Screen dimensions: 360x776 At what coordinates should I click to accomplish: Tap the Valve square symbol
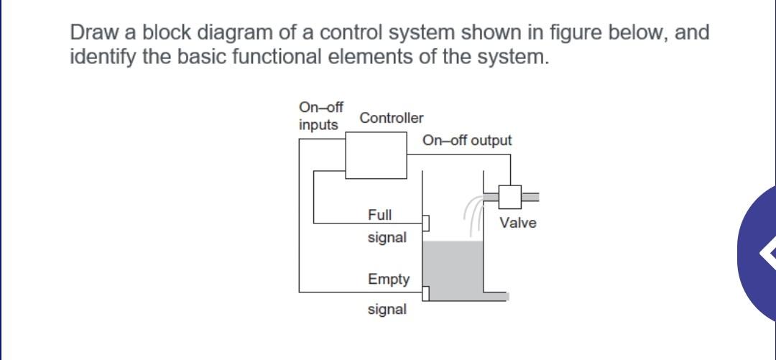[x=510, y=196]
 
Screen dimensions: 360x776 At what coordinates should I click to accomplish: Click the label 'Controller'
[x=392, y=118]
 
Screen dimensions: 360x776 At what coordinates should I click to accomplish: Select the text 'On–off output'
[x=467, y=140]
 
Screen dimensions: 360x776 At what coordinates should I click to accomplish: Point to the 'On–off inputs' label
[x=320, y=116]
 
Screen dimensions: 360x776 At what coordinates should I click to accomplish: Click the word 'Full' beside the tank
[x=380, y=215]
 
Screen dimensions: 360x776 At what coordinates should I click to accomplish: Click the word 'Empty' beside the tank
[x=389, y=279]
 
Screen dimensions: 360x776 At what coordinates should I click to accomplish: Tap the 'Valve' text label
[x=518, y=223]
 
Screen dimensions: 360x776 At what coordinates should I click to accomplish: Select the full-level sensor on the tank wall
[x=425, y=223]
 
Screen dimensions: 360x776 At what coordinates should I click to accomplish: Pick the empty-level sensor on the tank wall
[x=425, y=292]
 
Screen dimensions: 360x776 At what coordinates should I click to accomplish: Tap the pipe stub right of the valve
[x=530, y=195]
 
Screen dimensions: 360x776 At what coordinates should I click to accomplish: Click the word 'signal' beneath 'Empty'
[x=387, y=310]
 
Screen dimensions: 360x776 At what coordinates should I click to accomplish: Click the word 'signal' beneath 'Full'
[x=387, y=237]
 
